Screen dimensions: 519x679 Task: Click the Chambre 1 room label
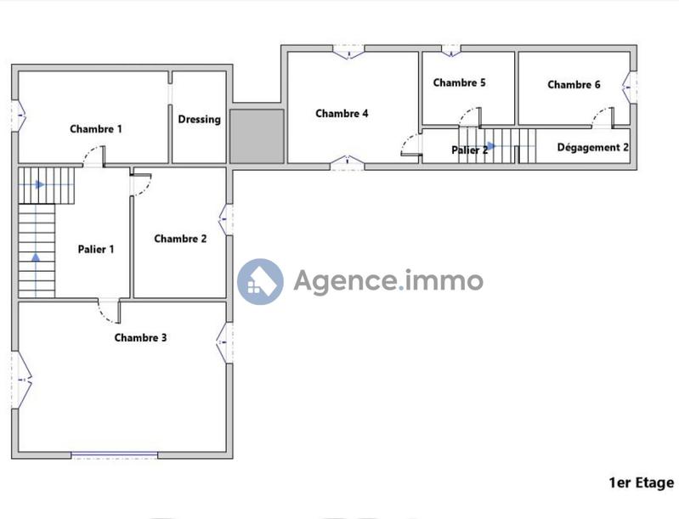click(96, 129)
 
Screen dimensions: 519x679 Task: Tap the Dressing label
click(200, 120)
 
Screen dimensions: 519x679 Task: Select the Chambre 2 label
click(180, 239)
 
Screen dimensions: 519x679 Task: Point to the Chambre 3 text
click(140, 337)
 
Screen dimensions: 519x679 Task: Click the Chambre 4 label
click(342, 113)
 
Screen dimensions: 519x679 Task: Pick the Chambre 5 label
click(459, 82)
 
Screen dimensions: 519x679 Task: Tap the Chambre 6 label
click(574, 84)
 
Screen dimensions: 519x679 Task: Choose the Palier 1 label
click(96, 249)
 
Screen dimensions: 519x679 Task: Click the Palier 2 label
click(469, 149)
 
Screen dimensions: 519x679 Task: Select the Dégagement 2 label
click(593, 147)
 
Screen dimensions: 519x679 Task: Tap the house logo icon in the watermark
click(260, 281)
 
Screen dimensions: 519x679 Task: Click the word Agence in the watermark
click(345, 280)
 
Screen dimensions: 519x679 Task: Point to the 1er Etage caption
click(641, 482)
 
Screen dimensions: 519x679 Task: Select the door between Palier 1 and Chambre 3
click(108, 313)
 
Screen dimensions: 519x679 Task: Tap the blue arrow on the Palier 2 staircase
click(490, 145)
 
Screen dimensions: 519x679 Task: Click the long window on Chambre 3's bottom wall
click(114, 455)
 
